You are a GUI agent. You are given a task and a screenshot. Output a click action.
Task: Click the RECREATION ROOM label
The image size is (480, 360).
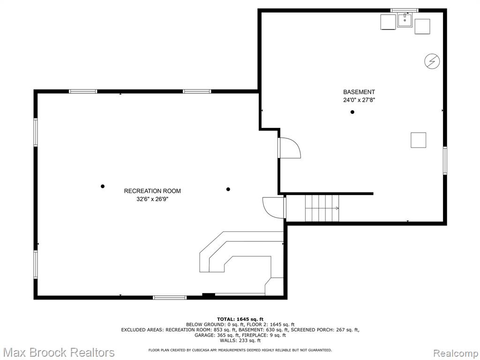click(152, 191)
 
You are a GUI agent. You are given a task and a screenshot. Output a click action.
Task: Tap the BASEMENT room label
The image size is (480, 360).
click(359, 92)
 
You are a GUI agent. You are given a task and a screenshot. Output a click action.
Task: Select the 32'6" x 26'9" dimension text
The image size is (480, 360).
click(152, 199)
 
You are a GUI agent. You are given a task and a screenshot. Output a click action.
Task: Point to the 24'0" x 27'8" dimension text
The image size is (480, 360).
click(359, 100)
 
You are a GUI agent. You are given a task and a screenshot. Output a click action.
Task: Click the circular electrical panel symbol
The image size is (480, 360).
click(432, 61)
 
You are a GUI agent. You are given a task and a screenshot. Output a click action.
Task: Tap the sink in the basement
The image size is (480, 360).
click(405, 20)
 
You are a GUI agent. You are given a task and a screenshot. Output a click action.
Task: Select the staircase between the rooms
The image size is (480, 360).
click(322, 208)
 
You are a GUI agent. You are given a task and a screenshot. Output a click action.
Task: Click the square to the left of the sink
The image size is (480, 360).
click(388, 22)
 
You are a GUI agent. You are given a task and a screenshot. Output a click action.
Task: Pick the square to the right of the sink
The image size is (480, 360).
click(422, 26)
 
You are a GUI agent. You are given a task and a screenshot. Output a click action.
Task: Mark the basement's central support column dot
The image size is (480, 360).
click(352, 112)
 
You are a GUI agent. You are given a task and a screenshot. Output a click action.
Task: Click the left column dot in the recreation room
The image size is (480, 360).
click(103, 186)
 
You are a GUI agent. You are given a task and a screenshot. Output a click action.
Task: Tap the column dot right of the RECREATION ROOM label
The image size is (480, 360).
click(228, 189)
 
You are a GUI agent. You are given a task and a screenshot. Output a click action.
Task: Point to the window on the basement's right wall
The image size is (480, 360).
click(445, 161)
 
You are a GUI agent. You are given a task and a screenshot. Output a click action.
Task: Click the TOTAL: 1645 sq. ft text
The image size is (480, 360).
click(240, 319)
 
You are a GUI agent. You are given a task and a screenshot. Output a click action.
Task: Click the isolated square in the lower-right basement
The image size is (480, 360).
click(418, 140)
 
